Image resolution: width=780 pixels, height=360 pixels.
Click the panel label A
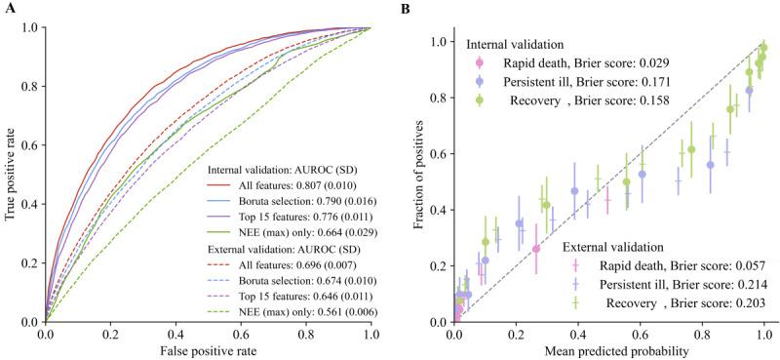tap(8, 9)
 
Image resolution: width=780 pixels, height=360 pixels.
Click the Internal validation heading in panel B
tap(519, 45)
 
